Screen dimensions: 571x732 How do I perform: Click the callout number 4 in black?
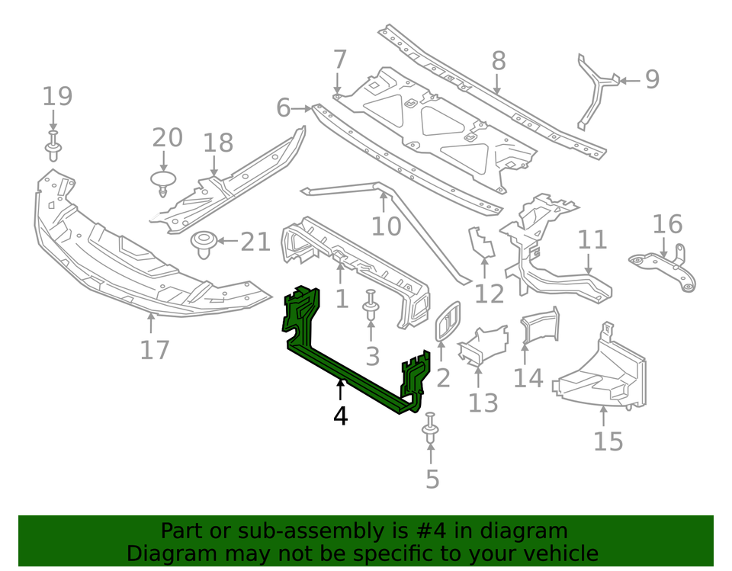[340, 416]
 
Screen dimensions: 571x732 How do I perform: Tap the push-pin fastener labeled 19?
[53, 144]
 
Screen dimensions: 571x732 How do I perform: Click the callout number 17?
[154, 349]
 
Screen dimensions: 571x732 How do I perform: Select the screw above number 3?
[371, 306]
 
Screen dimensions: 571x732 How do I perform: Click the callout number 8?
[498, 61]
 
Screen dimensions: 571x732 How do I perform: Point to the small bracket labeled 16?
[663, 267]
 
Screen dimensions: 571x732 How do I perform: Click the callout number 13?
[483, 403]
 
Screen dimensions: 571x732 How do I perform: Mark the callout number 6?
[283, 108]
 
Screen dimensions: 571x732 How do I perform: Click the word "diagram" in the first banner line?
[518, 531]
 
